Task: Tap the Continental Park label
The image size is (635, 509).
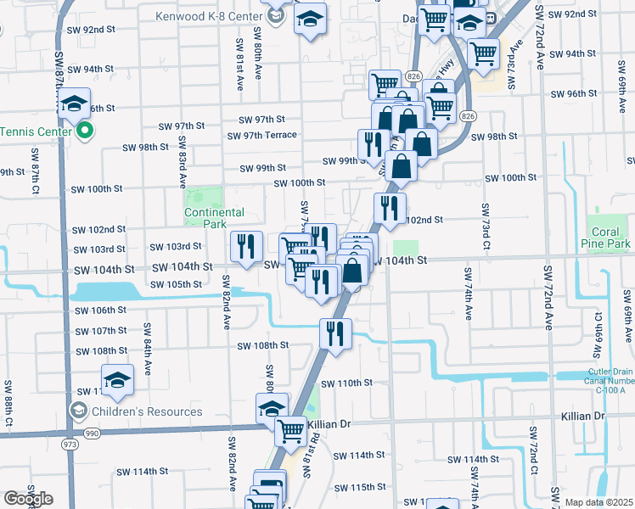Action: click(215, 218)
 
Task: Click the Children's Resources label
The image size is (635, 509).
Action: click(148, 411)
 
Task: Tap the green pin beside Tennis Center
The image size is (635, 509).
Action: click(85, 131)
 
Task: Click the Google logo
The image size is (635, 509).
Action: click(28, 499)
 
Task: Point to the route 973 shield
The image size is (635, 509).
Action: click(66, 444)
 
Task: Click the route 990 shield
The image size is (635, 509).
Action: click(92, 433)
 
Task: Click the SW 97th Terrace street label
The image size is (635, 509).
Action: click(261, 135)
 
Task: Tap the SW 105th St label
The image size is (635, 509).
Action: click(174, 284)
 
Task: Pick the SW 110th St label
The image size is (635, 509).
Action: click(347, 383)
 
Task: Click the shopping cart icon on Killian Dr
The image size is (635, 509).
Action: click(290, 430)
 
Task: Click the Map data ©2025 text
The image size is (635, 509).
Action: click(598, 502)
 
